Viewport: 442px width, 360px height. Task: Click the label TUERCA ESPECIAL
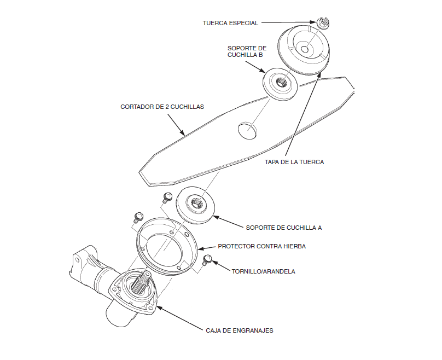230,23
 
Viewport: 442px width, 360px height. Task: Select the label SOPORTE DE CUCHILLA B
247,51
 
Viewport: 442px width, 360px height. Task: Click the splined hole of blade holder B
281,83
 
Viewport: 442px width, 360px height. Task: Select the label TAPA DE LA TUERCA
294,162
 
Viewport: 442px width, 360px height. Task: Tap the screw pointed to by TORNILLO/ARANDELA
207,259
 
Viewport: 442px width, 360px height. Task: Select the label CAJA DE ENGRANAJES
240,330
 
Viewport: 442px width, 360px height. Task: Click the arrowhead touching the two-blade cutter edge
184,134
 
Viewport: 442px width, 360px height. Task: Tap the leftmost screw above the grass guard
138,215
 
